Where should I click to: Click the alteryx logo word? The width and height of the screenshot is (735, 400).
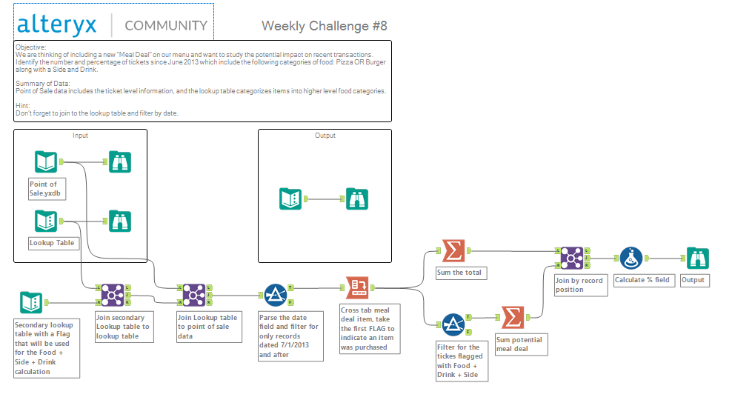57,25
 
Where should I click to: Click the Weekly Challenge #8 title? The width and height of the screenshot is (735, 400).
325,26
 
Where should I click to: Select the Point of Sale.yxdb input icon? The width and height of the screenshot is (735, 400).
46,162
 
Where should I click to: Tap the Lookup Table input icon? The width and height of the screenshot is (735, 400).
46,221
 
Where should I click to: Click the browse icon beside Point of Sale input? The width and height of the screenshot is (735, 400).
120,162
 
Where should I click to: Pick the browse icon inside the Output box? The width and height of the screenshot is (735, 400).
357,199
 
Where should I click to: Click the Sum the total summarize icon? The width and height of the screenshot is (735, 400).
453,250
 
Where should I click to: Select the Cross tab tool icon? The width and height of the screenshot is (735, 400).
357,287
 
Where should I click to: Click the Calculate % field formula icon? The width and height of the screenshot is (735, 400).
631,258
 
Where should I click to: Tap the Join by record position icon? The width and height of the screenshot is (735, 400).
572,258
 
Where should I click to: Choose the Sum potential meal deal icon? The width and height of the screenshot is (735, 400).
513,317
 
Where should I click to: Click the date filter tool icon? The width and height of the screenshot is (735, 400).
276,295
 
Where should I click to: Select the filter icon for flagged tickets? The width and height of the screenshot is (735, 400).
453,324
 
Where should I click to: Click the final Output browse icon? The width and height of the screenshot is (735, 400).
698,258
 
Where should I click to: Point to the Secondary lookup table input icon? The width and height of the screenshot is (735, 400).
31,302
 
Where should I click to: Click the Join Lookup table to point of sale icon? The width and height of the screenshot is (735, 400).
194,295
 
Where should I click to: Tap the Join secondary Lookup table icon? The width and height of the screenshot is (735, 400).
113,295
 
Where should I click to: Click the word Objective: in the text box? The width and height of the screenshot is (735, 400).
31,47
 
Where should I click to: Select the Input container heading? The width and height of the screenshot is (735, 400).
80,136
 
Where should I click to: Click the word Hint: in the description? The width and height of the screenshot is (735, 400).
22,106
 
